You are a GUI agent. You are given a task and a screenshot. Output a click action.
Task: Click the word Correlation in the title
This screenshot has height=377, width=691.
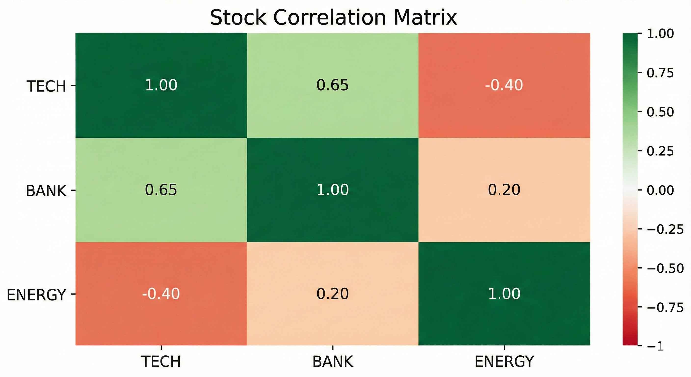[329, 18]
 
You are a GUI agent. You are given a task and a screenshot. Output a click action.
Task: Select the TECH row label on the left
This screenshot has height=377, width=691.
[46, 86]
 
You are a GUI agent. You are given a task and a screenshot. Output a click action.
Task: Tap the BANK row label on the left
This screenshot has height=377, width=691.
[46, 191]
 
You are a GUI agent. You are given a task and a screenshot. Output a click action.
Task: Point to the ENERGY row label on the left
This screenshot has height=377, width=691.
[36, 295]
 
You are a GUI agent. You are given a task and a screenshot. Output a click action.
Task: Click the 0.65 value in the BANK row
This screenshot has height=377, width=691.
[161, 189]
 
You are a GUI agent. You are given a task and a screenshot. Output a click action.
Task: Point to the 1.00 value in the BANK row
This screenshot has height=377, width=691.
[333, 189]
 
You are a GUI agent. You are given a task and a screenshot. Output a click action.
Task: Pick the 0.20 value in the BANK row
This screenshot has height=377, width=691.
[504, 189]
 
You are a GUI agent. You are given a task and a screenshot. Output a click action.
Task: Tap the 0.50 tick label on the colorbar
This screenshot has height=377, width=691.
[660, 112]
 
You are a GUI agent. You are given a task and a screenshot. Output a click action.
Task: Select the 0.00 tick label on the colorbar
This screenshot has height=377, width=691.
[660, 190]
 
